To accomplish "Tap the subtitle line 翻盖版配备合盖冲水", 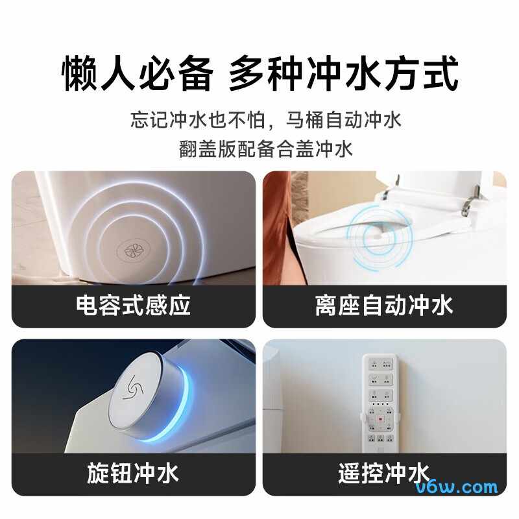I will tap(266, 149).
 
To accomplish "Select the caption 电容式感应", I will tap(134, 306).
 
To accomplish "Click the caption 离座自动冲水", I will tap(384, 306).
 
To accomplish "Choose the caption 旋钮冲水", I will tap(133, 473).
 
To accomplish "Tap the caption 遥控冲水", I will tap(384, 473).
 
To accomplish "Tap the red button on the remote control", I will tap(380, 418).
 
